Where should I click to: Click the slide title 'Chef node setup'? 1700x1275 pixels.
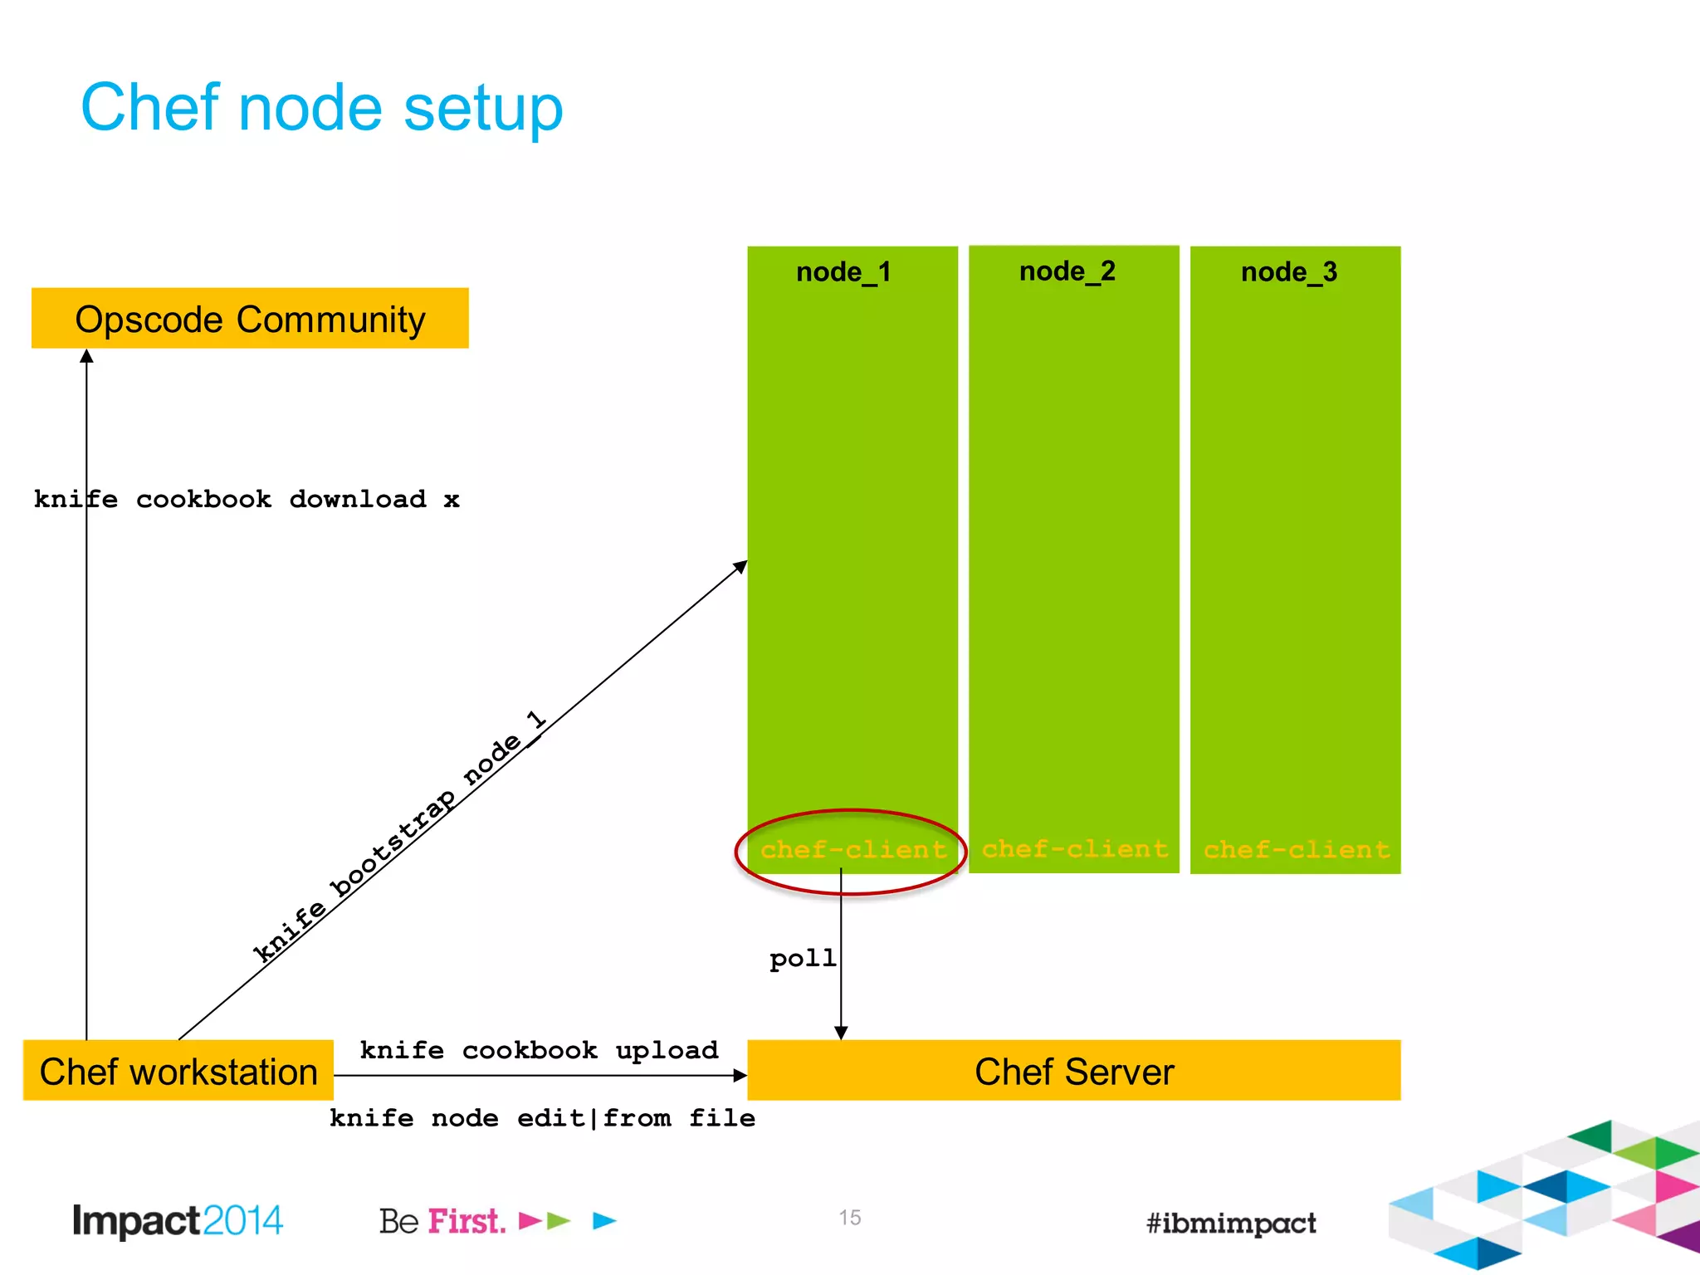(x=322, y=108)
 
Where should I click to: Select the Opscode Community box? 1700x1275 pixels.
(x=250, y=319)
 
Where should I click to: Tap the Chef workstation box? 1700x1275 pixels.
(x=178, y=1072)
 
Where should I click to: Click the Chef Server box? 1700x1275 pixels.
(x=1073, y=1072)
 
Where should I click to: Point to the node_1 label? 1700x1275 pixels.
(x=843, y=272)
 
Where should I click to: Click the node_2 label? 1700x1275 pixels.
(x=1067, y=271)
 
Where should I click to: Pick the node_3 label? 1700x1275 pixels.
(x=1288, y=272)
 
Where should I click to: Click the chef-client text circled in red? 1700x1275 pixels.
(x=853, y=850)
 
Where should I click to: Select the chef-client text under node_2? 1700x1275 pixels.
(x=1075, y=849)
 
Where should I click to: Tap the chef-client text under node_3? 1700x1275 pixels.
(x=1297, y=850)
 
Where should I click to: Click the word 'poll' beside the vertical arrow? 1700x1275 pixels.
(x=802, y=959)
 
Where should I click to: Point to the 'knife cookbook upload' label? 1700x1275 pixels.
(x=539, y=1051)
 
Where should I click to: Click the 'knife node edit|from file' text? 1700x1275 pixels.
(x=542, y=1118)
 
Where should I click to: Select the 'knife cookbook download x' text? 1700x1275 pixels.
(x=247, y=500)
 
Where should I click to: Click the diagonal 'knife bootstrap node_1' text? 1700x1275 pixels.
(x=398, y=838)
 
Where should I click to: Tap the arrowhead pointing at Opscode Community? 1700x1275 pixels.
(x=86, y=356)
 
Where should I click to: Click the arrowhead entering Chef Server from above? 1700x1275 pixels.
(x=841, y=1033)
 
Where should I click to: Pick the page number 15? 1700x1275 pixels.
(x=849, y=1218)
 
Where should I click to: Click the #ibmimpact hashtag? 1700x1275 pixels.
(x=1231, y=1223)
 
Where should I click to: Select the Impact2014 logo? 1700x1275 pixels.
(x=178, y=1221)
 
